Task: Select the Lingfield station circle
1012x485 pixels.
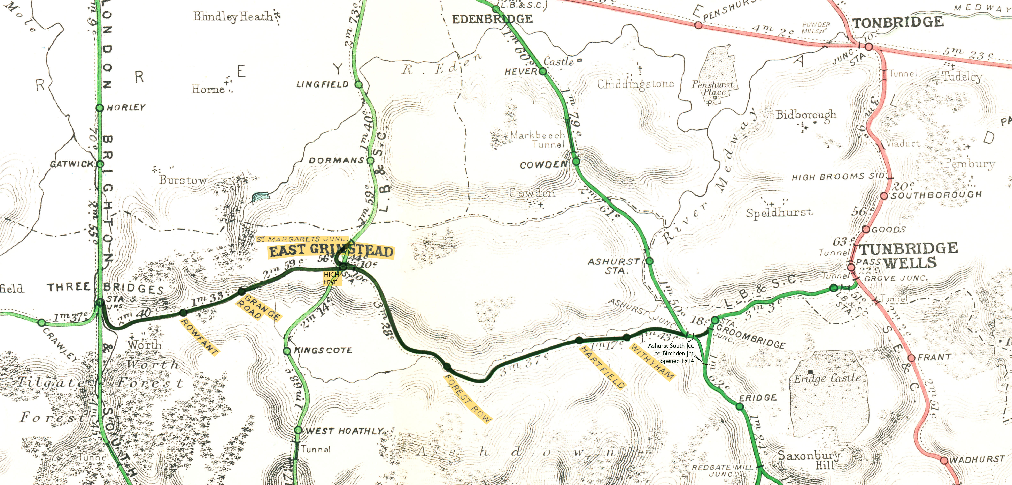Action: point(358,85)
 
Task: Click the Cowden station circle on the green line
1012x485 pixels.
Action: point(576,161)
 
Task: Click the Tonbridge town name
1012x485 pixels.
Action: point(898,22)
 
